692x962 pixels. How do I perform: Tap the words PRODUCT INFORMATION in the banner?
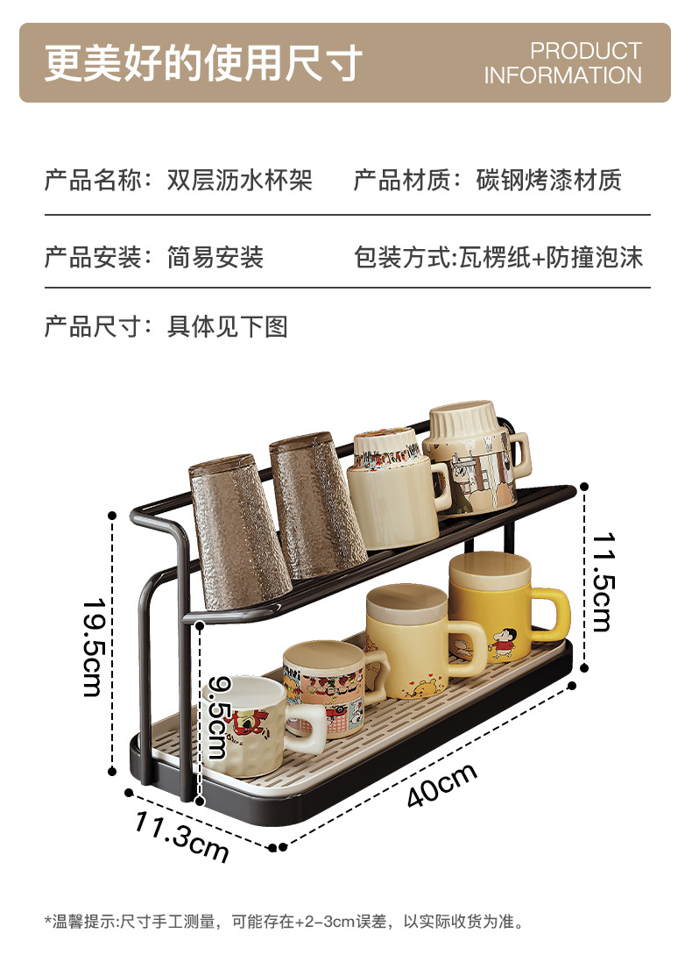[563, 63]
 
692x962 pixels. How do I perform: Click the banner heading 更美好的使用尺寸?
[203, 62]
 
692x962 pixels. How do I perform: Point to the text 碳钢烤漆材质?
[548, 181]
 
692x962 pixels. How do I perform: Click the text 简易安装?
[215, 258]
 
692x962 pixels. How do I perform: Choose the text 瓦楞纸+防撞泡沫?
[551, 258]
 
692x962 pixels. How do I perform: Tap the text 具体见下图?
[227, 327]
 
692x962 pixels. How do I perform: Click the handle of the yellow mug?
[553, 614]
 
